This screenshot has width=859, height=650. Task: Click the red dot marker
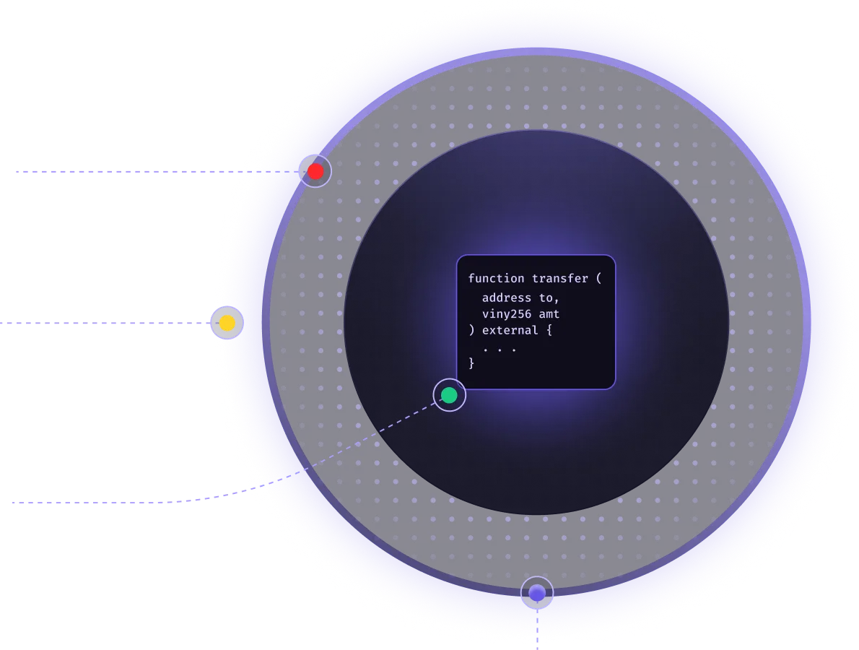315,171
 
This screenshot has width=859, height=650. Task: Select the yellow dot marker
227,323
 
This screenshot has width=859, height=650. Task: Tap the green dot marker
449,395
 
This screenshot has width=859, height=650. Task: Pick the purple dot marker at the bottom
537,593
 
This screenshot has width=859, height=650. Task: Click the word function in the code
496,279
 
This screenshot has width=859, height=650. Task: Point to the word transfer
560,279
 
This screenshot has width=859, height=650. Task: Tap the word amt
549,314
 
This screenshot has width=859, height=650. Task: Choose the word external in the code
510,331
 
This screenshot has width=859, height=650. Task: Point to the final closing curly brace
471,363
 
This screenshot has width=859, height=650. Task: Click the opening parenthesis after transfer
598,279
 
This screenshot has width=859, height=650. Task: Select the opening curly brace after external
549,331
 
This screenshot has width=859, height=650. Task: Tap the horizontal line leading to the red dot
130,171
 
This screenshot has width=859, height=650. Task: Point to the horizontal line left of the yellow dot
101,324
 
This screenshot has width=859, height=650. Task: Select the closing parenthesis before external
471,331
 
